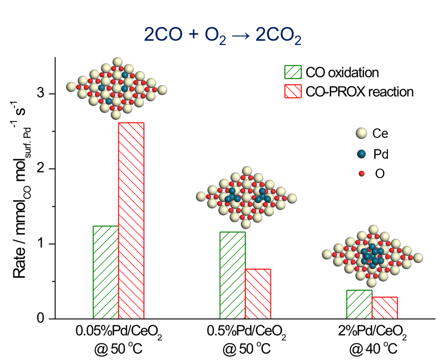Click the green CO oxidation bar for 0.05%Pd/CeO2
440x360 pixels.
pyautogui.click(x=106, y=272)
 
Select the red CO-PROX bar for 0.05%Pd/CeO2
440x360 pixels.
pyautogui.click(x=131, y=221)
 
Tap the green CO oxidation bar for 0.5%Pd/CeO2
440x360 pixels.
pyautogui.click(x=233, y=275)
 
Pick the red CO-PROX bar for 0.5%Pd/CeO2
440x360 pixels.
pyautogui.click(x=258, y=294)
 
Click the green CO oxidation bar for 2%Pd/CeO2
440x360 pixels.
pyautogui.click(x=359, y=304)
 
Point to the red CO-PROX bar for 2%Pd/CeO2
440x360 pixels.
pyautogui.click(x=385, y=308)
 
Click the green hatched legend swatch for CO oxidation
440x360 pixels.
pyautogui.click(x=293, y=72)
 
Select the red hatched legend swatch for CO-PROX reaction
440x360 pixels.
pyautogui.click(x=293, y=91)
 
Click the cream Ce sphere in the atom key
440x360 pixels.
pyautogui.click(x=362, y=134)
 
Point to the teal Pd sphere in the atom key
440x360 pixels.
pyautogui.click(x=362, y=154)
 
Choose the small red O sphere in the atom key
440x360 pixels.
pyautogui.click(x=362, y=174)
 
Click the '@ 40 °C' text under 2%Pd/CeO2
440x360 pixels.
pyautogui.click(x=373, y=350)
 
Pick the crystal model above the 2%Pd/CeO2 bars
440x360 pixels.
pyautogui.click(x=373, y=256)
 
